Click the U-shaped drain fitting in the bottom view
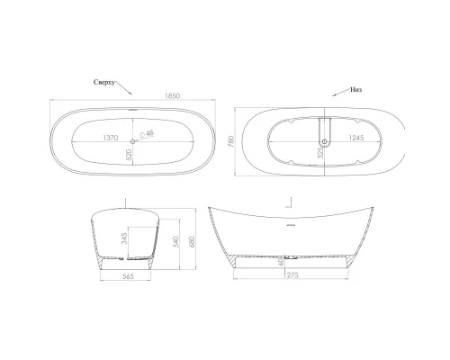pos(323,138)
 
